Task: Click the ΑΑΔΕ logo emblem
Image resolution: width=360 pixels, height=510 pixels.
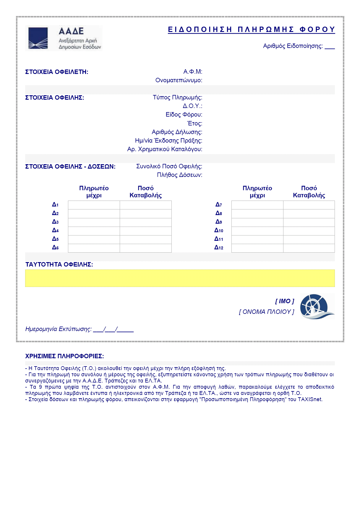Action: click(38, 38)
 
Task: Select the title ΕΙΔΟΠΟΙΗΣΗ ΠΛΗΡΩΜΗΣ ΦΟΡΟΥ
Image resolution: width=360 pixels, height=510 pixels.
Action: click(251, 30)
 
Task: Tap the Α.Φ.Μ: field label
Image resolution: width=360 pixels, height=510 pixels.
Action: click(193, 72)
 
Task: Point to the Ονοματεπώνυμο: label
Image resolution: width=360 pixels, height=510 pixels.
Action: click(179, 80)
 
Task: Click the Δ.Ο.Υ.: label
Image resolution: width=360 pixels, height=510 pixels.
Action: click(192, 106)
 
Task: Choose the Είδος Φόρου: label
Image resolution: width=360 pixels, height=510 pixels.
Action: click(184, 114)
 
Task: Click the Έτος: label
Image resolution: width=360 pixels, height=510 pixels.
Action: click(194, 123)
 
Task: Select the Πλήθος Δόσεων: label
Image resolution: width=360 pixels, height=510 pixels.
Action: click(179, 175)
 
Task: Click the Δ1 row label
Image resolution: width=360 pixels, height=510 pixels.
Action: click(55, 205)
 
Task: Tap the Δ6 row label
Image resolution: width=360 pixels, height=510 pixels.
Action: click(55, 248)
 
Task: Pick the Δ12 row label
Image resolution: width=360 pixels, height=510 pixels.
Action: click(219, 248)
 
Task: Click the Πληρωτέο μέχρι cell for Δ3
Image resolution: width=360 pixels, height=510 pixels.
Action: click(94, 222)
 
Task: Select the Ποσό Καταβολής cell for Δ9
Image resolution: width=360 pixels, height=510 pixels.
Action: click(309, 222)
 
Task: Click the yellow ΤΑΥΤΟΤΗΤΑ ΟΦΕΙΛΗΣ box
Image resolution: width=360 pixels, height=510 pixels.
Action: click(180, 278)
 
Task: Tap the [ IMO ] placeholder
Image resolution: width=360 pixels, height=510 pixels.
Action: click(285, 301)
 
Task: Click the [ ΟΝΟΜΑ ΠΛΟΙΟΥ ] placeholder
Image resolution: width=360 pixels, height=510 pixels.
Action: click(267, 312)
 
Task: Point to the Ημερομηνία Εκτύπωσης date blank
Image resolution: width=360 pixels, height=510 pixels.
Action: click(113, 329)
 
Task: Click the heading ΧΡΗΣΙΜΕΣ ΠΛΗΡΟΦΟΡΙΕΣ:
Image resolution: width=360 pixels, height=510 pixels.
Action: click(64, 356)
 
